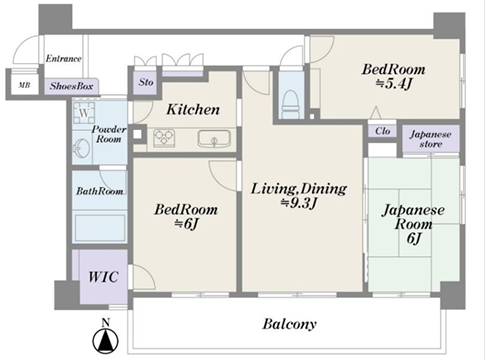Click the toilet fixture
click(x=291, y=102)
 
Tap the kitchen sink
click(x=214, y=138)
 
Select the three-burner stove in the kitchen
click(x=164, y=138)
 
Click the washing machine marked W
click(x=84, y=113)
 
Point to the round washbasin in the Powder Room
click(x=81, y=147)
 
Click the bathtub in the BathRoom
click(x=100, y=228)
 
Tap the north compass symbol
click(x=106, y=337)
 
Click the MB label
click(x=24, y=85)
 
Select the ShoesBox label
click(x=71, y=86)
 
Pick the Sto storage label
click(x=146, y=82)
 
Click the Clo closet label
click(x=382, y=131)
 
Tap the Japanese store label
click(x=431, y=139)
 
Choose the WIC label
click(x=103, y=277)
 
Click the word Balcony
click(x=289, y=324)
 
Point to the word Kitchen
click(x=193, y=109)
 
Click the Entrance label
click(x=63, y=59)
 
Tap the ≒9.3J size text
click(x=299, y=203)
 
